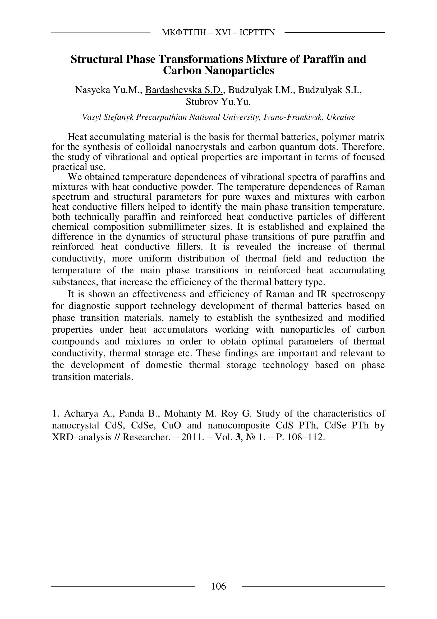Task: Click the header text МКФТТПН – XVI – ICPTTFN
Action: [218, 33]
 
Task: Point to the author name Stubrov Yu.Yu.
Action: [218, 102]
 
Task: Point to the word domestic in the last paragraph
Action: [164, 365]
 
